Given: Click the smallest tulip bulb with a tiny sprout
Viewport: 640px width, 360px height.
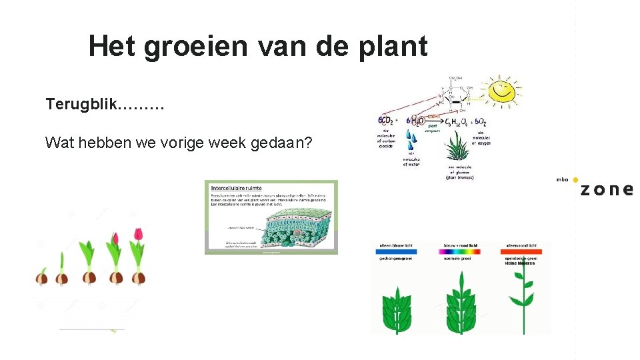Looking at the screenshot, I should pyautogui.click(x=42, y=277).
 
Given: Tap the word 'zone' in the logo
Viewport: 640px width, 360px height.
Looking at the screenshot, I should pyautogui.click(x=606, y=189).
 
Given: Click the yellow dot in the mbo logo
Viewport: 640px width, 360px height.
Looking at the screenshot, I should pyautogui.click(x=575, y=180).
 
